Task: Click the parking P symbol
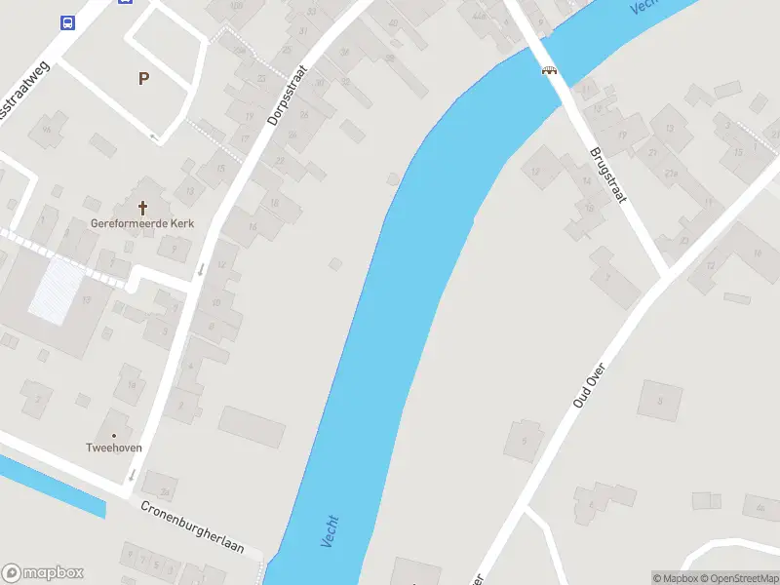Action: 144,79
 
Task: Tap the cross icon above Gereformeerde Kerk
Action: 143,208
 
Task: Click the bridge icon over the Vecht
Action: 550,69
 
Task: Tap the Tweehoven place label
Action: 113,448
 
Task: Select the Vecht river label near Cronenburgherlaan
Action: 329,531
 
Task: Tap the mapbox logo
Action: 43,572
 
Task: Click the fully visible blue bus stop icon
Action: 67,22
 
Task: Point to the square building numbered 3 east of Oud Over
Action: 660,401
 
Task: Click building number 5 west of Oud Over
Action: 524,441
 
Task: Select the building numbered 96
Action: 46,130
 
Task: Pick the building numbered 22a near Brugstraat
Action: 671,174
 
